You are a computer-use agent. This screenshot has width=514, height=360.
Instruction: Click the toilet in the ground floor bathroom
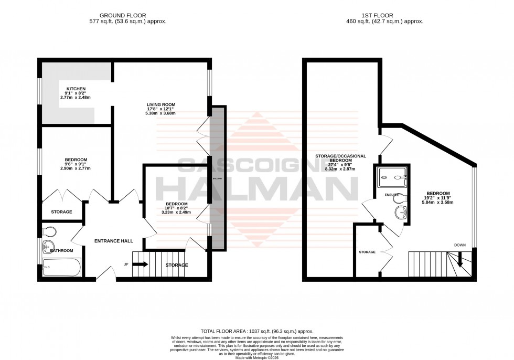coord(49,231)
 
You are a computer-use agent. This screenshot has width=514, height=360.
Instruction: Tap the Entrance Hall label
coord(113,241)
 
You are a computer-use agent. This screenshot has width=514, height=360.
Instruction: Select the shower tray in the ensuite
coord(392,177)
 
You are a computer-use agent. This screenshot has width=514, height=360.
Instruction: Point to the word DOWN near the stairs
coord(460,245)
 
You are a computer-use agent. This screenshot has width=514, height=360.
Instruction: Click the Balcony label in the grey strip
coord(217,179)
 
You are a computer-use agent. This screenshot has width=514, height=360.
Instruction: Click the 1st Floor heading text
coord(389,15)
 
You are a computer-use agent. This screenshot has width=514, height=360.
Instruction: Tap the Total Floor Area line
coord(256,331)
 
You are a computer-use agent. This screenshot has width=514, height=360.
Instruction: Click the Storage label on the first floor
coord(367,252)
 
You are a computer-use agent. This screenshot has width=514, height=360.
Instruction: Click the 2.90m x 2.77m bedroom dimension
coord(76,168)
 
